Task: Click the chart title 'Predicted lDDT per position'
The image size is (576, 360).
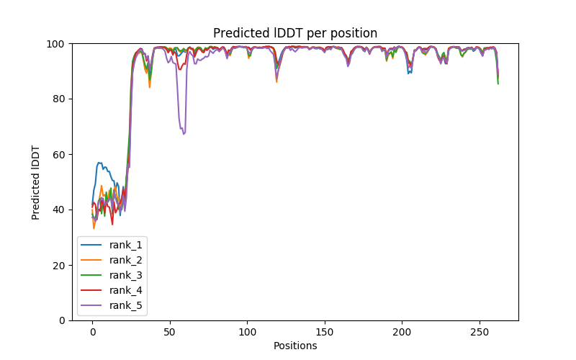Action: (x=295, y=33)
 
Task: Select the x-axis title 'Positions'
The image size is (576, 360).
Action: (x=295, y=346)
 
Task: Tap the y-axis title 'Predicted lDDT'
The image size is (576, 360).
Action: (x=36, y=181)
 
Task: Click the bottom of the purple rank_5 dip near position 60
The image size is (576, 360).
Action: (x=184, y=134)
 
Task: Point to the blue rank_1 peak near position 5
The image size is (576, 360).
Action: (x=99, y=163)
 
